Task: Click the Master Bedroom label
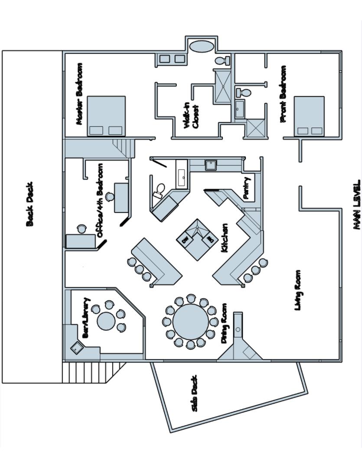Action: tap(79, 94)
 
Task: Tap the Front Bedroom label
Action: tap(284, 94)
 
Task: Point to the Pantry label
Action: tap(247, 188)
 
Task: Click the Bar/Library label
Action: tap(86, 318)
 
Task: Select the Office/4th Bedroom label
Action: tap(100, 200)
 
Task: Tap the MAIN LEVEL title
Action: tap(356, 205)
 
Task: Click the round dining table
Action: tap(190, 322)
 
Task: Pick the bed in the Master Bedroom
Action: tap(106, 116)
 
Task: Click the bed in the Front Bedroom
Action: tap(309, 116)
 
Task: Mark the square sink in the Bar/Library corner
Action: tap(77, 348)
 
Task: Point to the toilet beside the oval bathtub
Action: tap(223, 60)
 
